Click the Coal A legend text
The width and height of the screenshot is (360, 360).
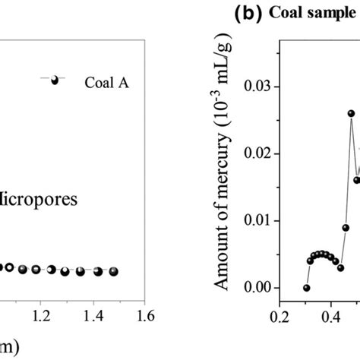(x=106, y=84)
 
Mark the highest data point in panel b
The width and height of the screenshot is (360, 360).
(x=351, y=113)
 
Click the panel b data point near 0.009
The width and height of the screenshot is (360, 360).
(x=346, y=227)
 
